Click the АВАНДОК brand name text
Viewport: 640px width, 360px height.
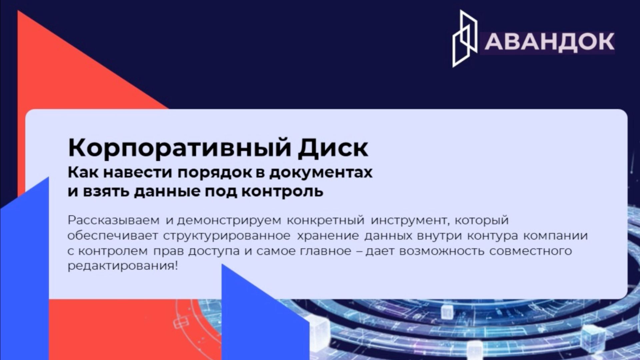pyautogui.click(x=549, y=42)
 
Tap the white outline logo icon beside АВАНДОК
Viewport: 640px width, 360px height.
pyautogui.click(x=464, y=39)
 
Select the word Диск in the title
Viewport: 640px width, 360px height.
pyautogui.click(x=333, y=148)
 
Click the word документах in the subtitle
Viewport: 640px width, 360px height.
pyautogui.click(x=321, y=173)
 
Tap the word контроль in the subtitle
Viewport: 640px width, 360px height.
pyautogui.click(x=282, y=191)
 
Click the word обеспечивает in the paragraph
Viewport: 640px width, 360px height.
pyautogui.click(x=113, y=236)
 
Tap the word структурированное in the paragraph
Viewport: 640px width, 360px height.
pyautogui.click(x=227, y=236)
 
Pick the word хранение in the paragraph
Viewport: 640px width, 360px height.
pyautogui.click(x=328, y=236)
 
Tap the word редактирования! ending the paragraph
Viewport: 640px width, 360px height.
pyautogui.click(x=123, y=266)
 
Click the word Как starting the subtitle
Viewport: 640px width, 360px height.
pyautogui.click(x=83, y=173)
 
